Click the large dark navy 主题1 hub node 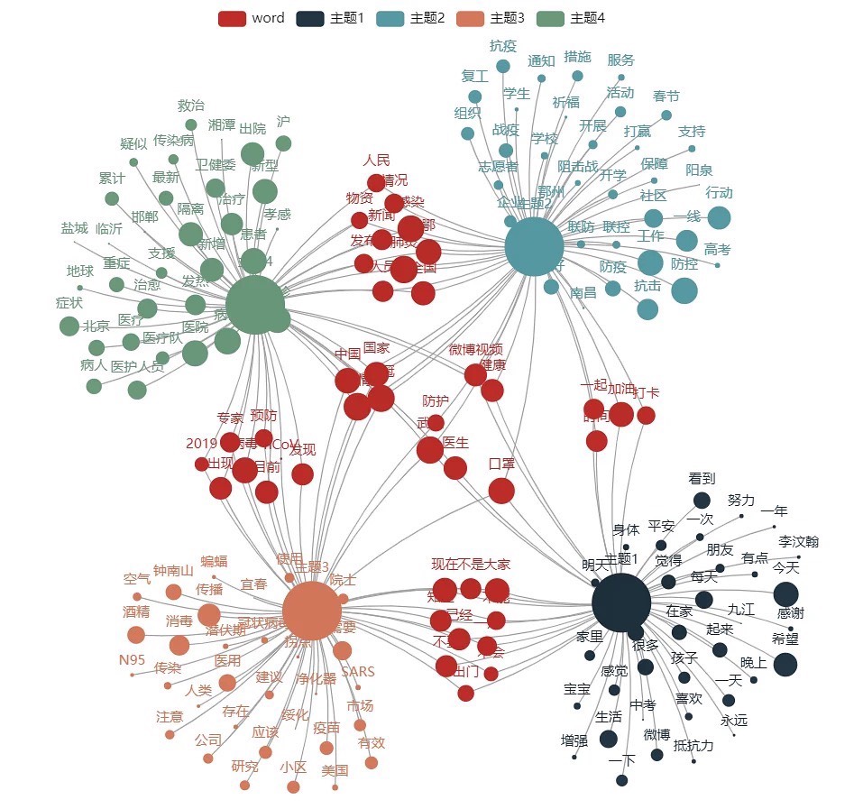click(x=621, y=604)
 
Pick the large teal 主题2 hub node click(x=535, y=246)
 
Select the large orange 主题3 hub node click(x=311, y=611)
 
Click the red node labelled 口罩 click(x=501, y=490)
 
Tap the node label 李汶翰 click(x=798, y=541)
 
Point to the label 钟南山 click(x=173, y=570)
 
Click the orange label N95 click(x=132, y=659)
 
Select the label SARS click(x=358, y=672)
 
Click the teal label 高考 click(x=718, y=249)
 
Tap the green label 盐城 click(x=75, y=228)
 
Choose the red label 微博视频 click(x=475, y=349)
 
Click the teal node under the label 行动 click(x=719, y=217)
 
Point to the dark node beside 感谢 click(x=785, y=593)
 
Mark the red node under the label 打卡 click(x=646, y=415)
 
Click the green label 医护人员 click(x=137, y=366)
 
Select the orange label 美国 click(x=335, y=770)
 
